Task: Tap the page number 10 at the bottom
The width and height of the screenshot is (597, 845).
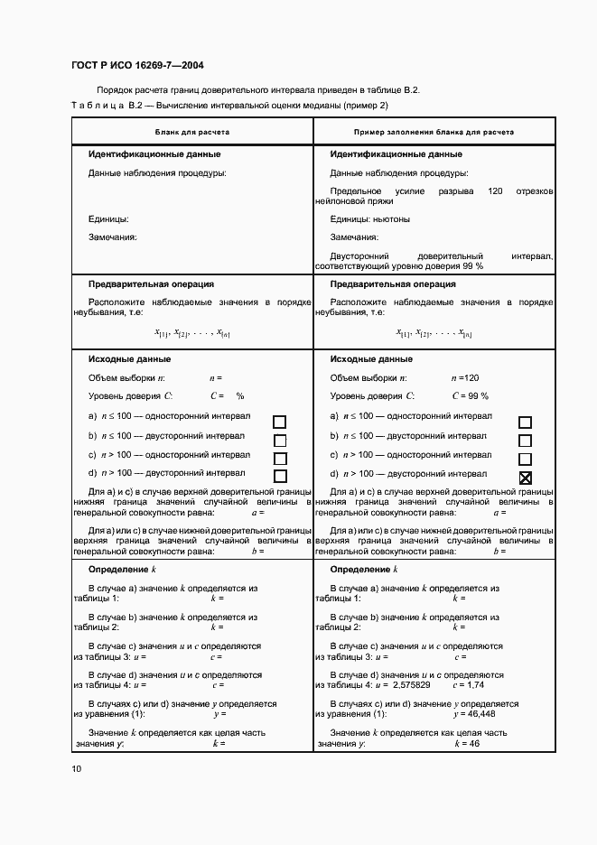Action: pos(76,768)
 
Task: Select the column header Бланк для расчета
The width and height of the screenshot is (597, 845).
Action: pos(191,132)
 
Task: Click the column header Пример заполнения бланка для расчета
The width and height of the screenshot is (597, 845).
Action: pos(434,132)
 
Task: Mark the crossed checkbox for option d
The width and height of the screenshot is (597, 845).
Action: pos(525,478)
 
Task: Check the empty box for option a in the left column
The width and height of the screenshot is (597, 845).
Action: pos(280,422)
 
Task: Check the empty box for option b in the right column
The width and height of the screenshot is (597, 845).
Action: pos(525,441)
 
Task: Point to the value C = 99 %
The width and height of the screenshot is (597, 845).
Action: pos(470,396)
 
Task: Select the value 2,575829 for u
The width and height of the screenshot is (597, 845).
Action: pos(406,684)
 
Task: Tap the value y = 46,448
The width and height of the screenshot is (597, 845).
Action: pos(471,713)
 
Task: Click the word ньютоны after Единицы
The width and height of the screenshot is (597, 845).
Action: pos(391,219)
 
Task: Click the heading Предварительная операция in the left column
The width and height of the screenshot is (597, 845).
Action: pos(151,283)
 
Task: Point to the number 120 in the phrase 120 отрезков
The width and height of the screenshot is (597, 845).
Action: pos(494,191)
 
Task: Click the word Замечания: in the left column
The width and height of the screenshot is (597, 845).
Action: pos(112,237)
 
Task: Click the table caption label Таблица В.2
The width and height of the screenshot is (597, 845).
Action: pos(107,107)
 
